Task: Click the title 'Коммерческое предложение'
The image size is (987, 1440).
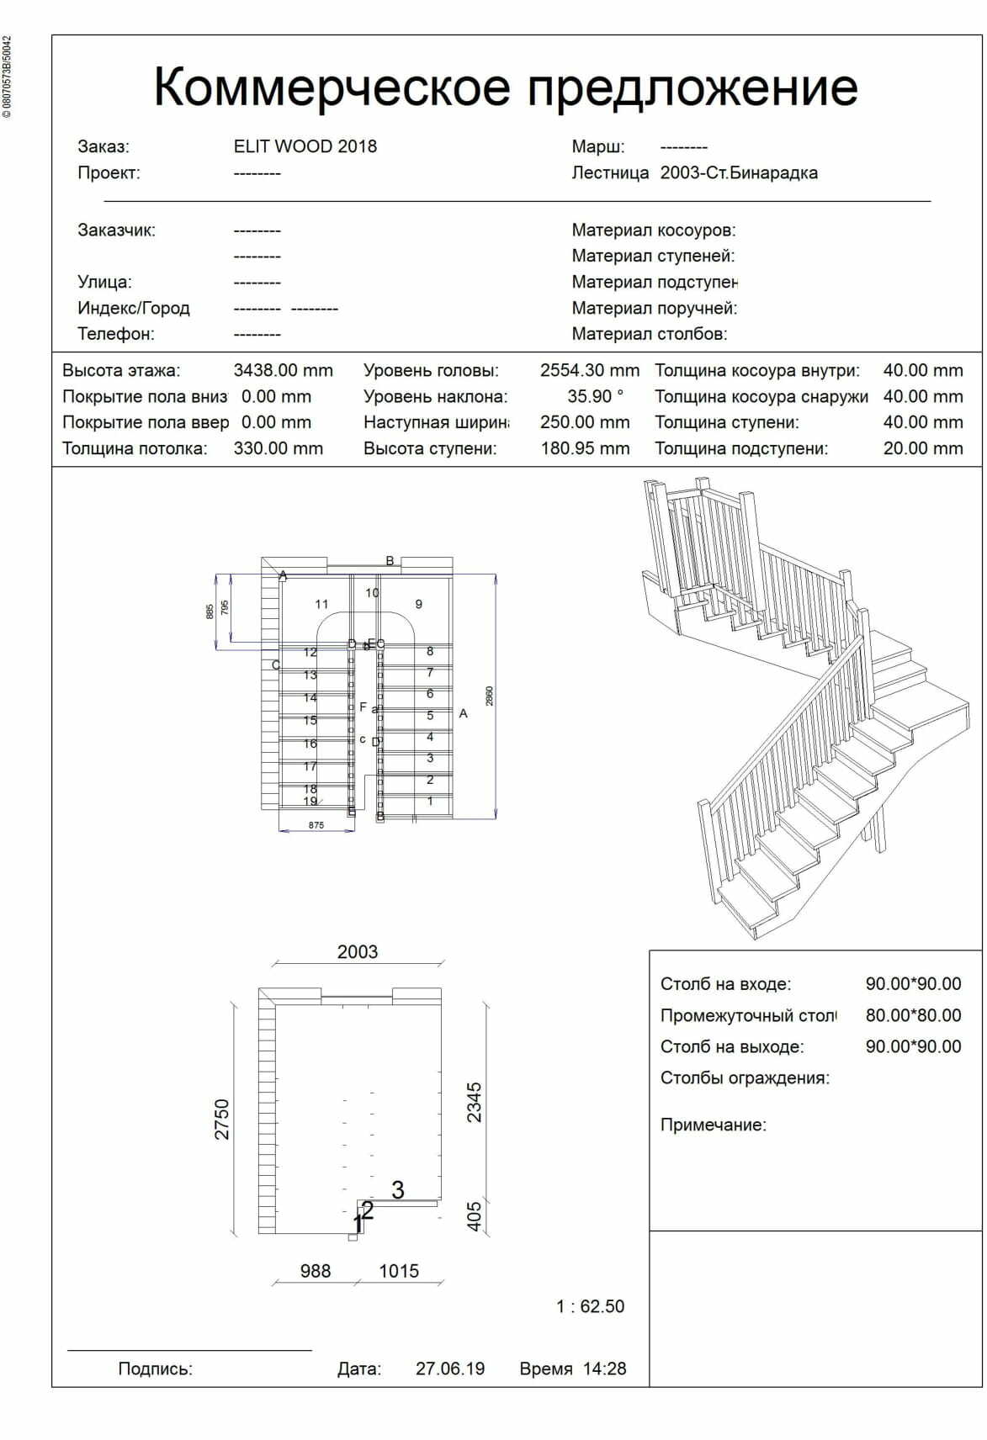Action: (505, 87)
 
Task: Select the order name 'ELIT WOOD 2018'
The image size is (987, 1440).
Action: (305, 146)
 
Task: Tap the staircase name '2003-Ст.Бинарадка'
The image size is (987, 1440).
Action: (738, 173)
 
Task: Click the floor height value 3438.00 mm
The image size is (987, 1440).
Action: (283, 371)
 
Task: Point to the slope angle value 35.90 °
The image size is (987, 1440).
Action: (595, 397)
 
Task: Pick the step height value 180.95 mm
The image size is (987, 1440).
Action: (585, 449)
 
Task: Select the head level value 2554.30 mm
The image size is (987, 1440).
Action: (589, 371)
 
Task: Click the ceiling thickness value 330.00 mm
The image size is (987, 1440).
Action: (278, 449)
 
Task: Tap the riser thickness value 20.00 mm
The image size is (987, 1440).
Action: (922, 449)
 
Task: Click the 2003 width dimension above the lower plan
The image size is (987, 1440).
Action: (358, 952)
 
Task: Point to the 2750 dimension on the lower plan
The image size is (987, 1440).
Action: (222, 1120)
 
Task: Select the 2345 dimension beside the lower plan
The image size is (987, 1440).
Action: (475, 1102)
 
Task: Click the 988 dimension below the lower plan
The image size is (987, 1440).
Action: (316, 1271)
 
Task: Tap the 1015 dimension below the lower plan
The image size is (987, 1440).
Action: (399, 1271)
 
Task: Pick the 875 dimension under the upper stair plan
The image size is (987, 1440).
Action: (316, 826)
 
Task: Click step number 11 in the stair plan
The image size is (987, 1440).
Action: (321, 604)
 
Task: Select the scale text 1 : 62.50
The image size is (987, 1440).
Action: (590, 1306)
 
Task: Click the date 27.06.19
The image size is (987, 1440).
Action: (450, 1369)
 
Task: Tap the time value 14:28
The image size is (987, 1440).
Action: (604, 1369)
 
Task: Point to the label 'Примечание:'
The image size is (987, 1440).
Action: (713, 1125)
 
